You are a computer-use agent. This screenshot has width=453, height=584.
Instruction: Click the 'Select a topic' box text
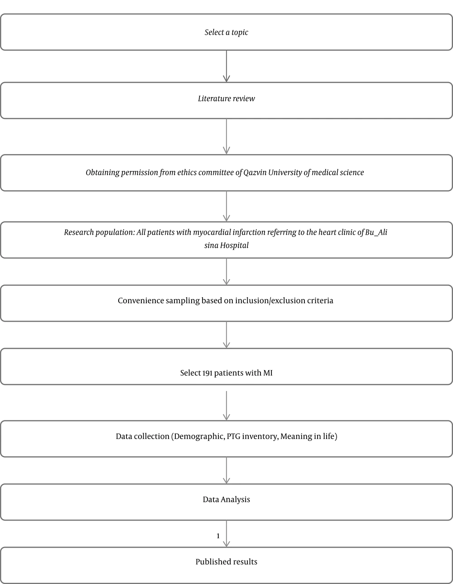point(226,32)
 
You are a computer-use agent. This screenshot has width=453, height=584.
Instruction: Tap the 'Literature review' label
point(226,99)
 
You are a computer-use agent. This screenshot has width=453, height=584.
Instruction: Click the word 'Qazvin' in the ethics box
point(255,173)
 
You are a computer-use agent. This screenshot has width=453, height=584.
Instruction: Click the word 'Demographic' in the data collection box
point(199,436)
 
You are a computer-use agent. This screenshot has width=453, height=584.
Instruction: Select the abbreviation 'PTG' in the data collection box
point(233,436)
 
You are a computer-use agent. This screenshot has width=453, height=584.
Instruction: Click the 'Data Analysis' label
point(226,499)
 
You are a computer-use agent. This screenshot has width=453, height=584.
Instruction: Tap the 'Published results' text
point(226,562)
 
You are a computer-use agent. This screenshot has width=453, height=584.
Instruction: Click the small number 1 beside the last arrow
point(218,536)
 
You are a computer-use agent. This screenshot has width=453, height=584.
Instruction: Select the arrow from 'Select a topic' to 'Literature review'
point(226,66)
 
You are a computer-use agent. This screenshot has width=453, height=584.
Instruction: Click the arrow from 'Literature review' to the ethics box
point(226,136)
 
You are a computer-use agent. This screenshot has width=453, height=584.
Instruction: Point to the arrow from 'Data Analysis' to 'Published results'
point(226,533)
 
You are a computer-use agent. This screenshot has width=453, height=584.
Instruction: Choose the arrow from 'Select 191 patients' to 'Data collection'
point(226,405)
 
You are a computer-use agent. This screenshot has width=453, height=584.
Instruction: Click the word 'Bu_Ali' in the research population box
point(376,232)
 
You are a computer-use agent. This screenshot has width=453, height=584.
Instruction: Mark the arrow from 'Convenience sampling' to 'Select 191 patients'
point(226,335)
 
